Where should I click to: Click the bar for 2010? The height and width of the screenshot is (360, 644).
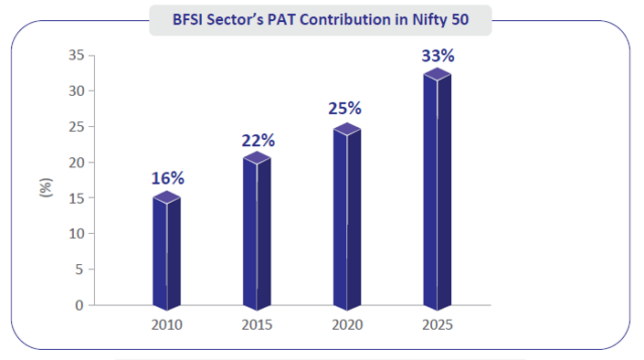[x=166, y=250]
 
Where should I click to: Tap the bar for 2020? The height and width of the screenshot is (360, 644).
[x=347, y=217]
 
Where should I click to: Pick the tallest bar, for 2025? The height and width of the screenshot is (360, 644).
[x=437, y=188]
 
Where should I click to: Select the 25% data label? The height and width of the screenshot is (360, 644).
[x=346, y=108]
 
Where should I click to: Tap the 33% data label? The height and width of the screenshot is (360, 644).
[x=438, y=56]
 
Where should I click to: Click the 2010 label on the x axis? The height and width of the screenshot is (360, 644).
[x=167, y=324]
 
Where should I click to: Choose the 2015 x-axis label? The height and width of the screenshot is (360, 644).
[x=257, y=324]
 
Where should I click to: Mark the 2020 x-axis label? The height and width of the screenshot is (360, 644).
[x=347, y=324]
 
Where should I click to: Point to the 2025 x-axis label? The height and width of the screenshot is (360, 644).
[x=437, y=324]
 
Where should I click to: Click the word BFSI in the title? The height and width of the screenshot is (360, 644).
[x=191, y=17]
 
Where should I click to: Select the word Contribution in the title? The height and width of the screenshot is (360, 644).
[x=353, y=17]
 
